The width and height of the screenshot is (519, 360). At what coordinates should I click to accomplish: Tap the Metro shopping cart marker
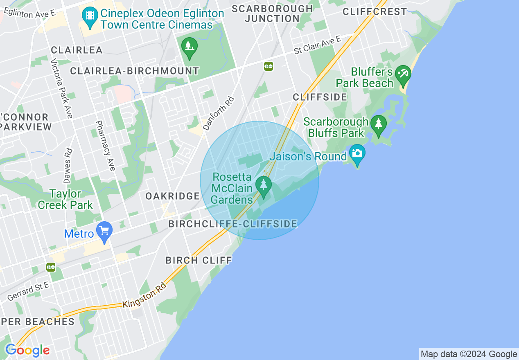click(x=104, y=232)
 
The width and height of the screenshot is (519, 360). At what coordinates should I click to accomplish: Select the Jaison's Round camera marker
click(x=357, y=154)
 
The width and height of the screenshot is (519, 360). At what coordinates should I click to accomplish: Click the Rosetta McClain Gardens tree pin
click(x=263, y=186)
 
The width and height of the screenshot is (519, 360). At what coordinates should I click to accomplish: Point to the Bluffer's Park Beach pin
click(x=403, y=75)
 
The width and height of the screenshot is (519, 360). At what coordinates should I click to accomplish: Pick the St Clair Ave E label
click(x=318, y=45)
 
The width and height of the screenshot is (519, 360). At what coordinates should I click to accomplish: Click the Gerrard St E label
click(x=28, y=292)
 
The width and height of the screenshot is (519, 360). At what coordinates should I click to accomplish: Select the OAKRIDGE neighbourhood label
click(x=173, y=196)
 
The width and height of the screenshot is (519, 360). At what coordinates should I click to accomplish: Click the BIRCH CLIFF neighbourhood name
click(x=199, y=260)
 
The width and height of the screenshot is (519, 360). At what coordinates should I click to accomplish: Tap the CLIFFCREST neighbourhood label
click(x=375, y=12)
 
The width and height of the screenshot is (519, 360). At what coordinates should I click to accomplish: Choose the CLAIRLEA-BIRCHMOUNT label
click(x=134, y=71)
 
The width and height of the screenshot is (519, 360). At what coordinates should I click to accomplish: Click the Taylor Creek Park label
click(x=65, y=199)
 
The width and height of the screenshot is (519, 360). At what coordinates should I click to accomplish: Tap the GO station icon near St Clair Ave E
click(x=269, y=66)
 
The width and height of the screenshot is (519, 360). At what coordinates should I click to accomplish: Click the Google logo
click(x=27, y=350)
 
